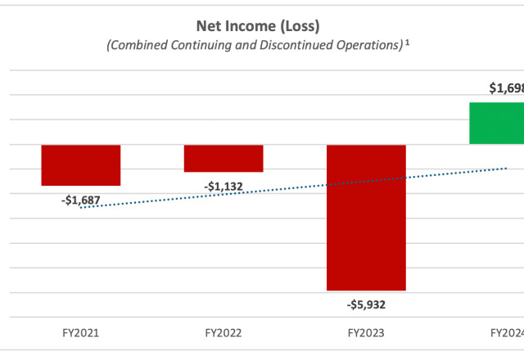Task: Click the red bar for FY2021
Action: (81, 164)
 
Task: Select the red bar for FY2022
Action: (224, 158)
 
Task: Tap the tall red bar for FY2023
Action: (366, 217)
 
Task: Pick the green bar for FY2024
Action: (496, 123)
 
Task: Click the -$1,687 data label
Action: (80, 200)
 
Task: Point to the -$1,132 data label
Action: (223, 187)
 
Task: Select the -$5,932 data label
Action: (366, 304)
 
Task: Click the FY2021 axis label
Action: (80, 334)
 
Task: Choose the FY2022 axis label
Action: (223, 334)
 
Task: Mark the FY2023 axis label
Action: (366, 334)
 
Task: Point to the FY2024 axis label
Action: (507, 334)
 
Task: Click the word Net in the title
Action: (206, 27)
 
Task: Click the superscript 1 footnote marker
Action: (407, 43)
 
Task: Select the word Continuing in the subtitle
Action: (204, 46)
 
